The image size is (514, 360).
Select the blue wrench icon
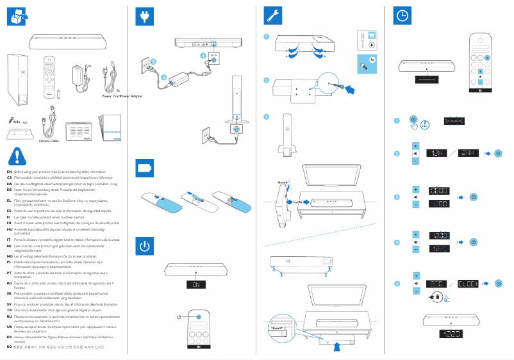point(274,16)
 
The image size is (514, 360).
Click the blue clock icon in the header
point(402,17)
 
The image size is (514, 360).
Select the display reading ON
point(196,284)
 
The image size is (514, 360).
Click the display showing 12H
point(437,154)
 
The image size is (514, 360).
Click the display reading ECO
point(437,283)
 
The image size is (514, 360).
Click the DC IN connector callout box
point(214,56)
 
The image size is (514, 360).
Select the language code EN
point(9,172)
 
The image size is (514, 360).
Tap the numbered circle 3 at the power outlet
point(153,61)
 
